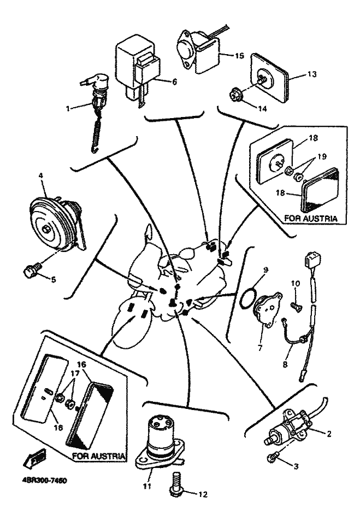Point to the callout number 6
[x=174, y=82]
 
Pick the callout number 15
[x=238, y=56]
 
